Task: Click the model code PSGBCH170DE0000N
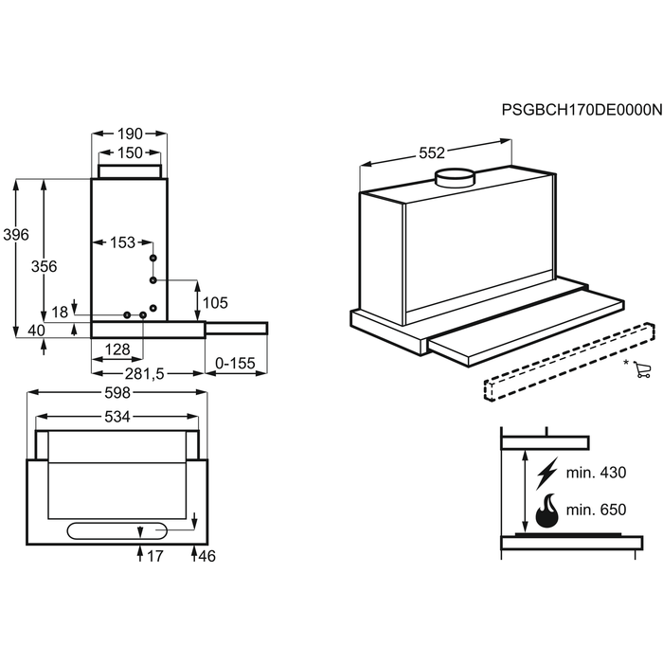(x=582, y=110)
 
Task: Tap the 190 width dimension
(x=130, y=134)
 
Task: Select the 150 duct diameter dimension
(x=130, y=152)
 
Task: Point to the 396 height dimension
(x=16, y=235)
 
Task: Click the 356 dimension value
(x=44, y=266)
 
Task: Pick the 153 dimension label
(x=122, y=242)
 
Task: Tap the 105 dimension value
(x=215, y=303)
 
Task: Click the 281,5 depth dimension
(x=144, y=374)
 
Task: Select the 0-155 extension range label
(x=235, y=363)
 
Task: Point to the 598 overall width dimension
(x=117, y=393)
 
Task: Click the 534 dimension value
(x=117, y=417)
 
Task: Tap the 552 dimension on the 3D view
(x=432, y=153)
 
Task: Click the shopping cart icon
(x=642, y=369)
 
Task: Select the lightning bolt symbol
(x=547, y=474)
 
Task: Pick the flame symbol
(x=547, y=511)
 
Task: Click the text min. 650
(x=596, y=510)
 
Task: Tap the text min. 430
(x=596, y=473)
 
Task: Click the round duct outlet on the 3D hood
(x=456, y=178)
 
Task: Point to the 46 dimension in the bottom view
(x=206, y=556)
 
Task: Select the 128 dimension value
(x=117, y=349)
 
